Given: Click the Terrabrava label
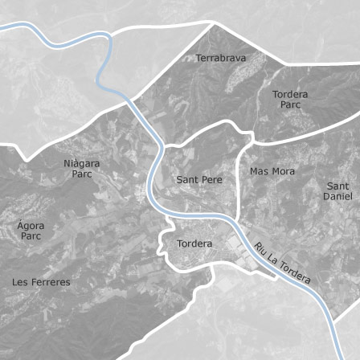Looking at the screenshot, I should (x=220, y=58).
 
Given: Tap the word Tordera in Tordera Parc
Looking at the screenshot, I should (x=290, y=94).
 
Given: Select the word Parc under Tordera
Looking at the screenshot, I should (x=290, y=104).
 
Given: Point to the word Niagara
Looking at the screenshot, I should (x=82, y=163).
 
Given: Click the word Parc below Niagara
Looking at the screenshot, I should (x=82, y=174).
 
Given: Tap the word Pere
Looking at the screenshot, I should (x=211, y=180).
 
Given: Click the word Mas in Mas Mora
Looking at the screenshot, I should (x=259, y=171).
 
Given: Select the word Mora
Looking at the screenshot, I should (x=283, y=171).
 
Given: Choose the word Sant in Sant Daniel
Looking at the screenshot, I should (x=337, y=186).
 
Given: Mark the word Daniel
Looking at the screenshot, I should (x=337, y=196).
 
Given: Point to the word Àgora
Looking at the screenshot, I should (x=31, y=226).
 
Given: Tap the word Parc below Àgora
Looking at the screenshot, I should (x=31, y=236).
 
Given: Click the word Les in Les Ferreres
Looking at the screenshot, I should (x=21, y=282).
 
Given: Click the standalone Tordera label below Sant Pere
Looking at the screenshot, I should (x=194, y=243).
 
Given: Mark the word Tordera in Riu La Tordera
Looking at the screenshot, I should (x=295, y=274).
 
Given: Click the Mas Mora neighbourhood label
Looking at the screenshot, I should (x=272, y=171).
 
